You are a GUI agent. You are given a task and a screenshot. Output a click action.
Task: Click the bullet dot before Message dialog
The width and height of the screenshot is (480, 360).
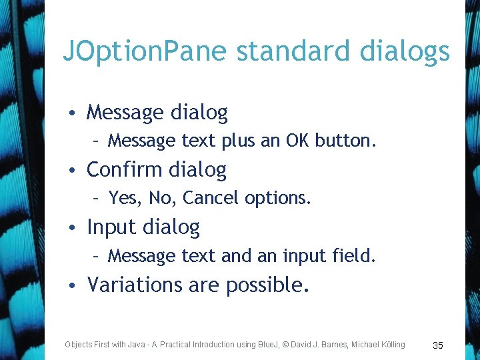77,113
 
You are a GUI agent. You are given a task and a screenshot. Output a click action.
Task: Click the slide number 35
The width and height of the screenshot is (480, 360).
438,345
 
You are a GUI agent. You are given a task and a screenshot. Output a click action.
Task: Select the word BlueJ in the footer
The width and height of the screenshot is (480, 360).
265,344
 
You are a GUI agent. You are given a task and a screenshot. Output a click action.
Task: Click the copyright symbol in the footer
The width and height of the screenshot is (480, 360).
286,344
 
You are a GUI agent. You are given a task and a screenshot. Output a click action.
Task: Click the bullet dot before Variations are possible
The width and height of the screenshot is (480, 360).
77,286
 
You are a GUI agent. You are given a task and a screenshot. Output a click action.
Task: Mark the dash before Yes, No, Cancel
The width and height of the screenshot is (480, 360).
97,198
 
